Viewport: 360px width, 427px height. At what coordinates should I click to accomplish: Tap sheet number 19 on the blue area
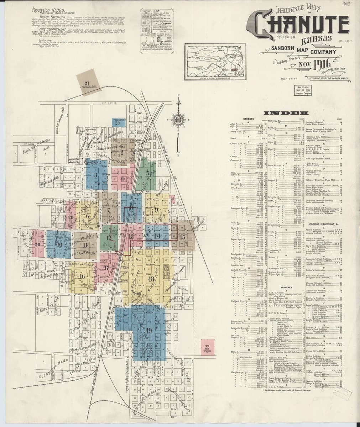149,330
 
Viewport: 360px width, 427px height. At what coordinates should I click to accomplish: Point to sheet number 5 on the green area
147,172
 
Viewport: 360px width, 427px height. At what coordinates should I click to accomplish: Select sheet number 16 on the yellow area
82,276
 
